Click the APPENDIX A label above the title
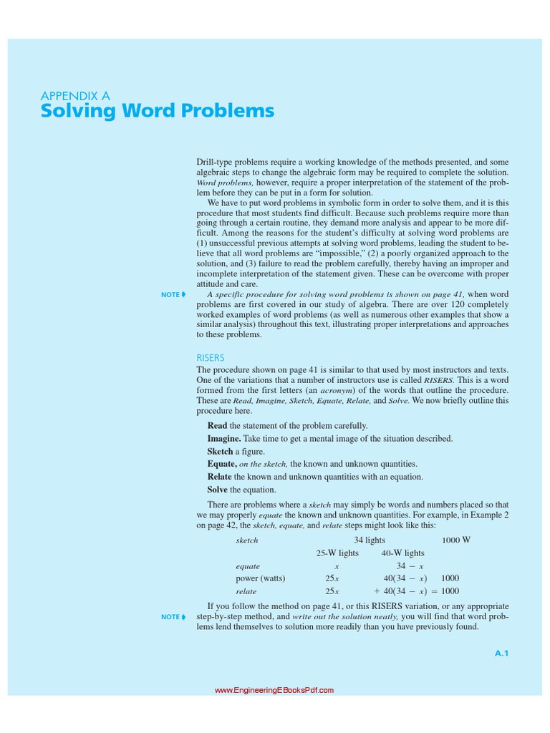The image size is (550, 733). click(x=75, y=95)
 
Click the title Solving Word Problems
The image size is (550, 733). click(x=157, y=112)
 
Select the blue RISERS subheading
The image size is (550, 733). click(x=211, y=357)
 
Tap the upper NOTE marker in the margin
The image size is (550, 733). click(x=173, y=295)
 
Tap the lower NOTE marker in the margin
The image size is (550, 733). click(x=173, y=617)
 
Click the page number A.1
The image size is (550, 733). click(x=501, y=653)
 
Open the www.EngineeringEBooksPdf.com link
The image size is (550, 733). click(x=274, y=691)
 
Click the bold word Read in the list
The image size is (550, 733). click(x=217, y=426)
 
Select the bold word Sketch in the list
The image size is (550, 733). click(x=220, y=452)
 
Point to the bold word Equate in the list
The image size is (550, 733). click(x=221, y=465)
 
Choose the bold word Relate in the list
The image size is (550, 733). click(x=219, y=477)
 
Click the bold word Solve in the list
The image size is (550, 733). click(x=217, y=490)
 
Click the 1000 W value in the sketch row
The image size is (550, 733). click(x=456, y=540)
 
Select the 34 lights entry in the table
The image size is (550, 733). click(x=370, y=540)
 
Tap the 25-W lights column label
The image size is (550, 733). click(x=337, y=553)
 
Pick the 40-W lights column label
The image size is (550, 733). click(x=402, y=553)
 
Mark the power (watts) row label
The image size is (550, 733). click(x=261, y=578)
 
